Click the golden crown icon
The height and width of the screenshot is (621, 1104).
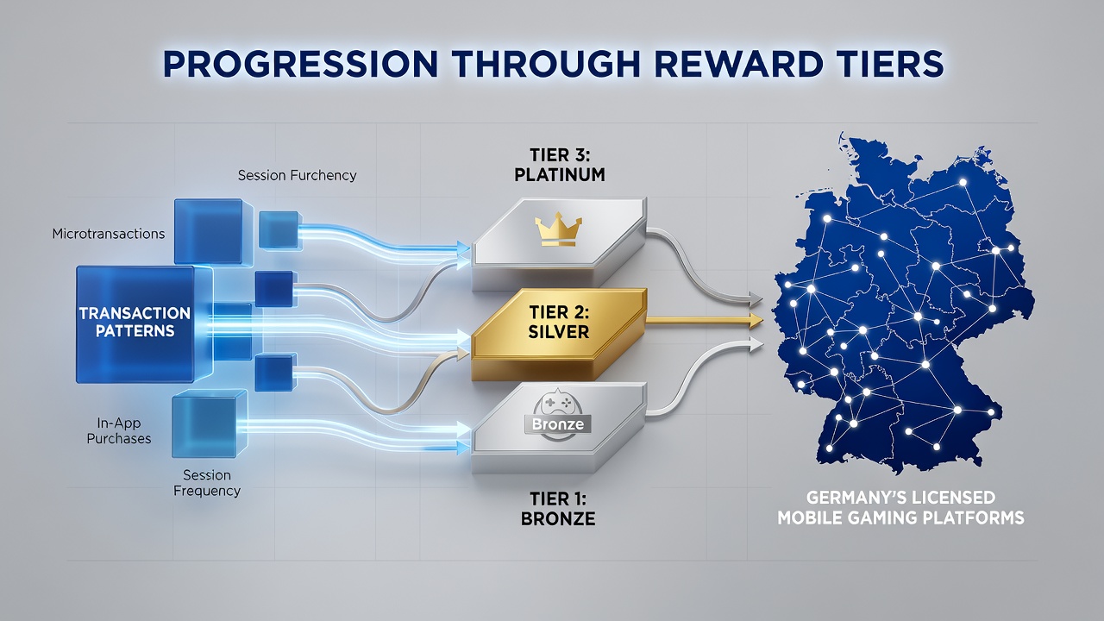[x=558, y=229]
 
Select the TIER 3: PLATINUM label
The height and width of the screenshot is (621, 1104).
[x=560, y=165]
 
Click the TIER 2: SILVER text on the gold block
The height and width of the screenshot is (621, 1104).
[x=558, y=322]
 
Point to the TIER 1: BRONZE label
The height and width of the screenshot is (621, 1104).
[x=558, y=509]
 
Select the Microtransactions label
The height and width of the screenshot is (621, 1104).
[x=109, y=234]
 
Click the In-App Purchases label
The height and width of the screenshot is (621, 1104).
[x=119, y=430]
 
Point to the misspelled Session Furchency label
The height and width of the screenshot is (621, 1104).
[x=298, y=175]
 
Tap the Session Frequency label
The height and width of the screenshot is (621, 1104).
[x=207, y=483]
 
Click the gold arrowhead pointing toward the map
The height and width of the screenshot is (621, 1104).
[x=756, y=321]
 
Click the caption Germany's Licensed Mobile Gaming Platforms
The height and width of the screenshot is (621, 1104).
[x=901, y=508]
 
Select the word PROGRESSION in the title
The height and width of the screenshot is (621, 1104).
[x=300, y=64]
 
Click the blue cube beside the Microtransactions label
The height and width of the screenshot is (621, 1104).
[x=209, y=232]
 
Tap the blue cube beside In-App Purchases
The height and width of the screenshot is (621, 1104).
[x=210, y=423]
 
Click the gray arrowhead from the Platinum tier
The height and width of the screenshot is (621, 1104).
[x=756, y=298]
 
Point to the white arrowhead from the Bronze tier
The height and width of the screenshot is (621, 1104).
[x=756, y=344]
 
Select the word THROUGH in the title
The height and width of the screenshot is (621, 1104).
[x=546, y=64]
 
